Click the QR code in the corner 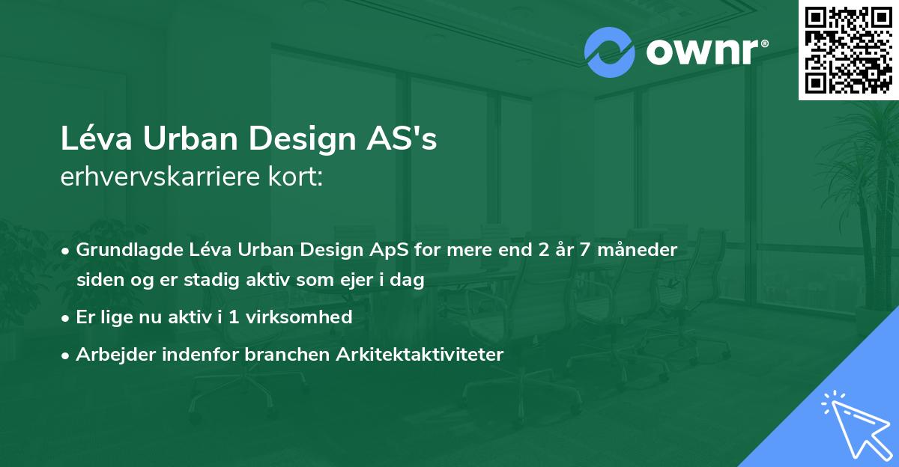[848, 50]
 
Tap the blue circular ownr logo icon [610, 52]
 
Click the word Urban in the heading [184, 140]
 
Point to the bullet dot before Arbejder [66, 355]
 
